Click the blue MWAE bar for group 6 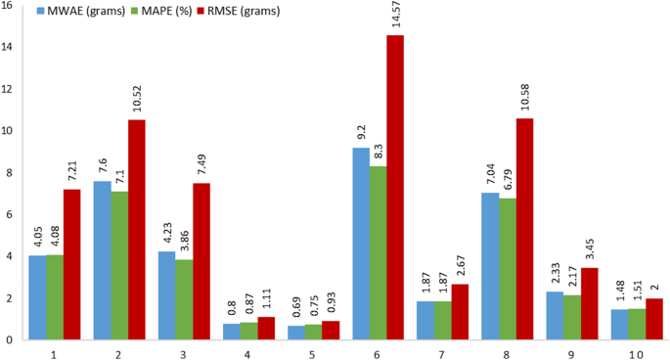pyautogui.click(x=361, y=244)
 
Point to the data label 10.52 pyautogui.click(x=136, y=101)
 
